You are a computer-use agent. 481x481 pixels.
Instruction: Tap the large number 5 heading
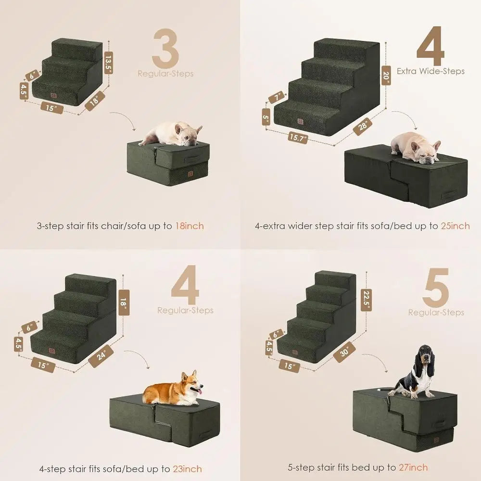pos(435,288)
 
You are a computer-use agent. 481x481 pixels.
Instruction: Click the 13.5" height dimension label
pos(108,63)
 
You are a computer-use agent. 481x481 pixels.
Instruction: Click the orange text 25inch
pos(455,226)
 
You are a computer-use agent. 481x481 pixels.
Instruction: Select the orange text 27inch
pos(413,467)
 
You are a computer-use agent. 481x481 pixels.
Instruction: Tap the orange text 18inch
pos(193,225)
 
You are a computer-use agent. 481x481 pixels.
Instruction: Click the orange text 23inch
pos(187,468)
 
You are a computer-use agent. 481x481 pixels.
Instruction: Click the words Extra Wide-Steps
pos(430,71)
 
